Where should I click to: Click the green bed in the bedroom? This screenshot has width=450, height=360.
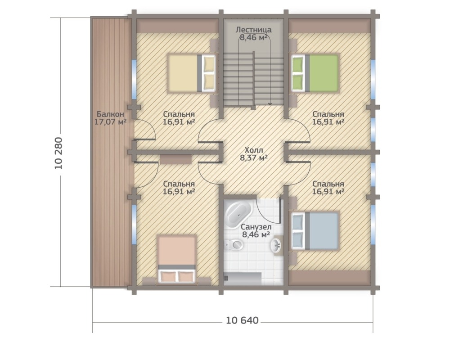[315, 73]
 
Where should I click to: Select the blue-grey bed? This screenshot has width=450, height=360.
[315, 231]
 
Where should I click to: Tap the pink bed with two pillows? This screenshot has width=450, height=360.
[177, 259]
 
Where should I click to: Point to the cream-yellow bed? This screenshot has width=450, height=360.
[191, 73]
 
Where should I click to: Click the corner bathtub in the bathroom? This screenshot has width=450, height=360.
[238, 214]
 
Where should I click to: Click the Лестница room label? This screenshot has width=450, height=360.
[254, 30]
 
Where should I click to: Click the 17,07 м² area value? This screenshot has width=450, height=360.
[111, 121]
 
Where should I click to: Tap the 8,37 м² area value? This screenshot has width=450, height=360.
[254, 157]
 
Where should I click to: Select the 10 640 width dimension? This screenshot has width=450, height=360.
[242, 320]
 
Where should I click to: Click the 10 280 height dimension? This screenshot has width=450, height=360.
[58, 153]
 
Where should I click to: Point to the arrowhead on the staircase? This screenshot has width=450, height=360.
[270, 103]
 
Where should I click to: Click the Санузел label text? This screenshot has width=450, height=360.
[256, 227]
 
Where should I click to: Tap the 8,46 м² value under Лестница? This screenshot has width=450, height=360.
[254, 37]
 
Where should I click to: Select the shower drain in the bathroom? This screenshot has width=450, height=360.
[226, 278]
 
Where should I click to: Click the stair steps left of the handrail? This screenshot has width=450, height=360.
[238, 81]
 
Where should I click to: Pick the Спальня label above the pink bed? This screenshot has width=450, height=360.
[179, 184]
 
